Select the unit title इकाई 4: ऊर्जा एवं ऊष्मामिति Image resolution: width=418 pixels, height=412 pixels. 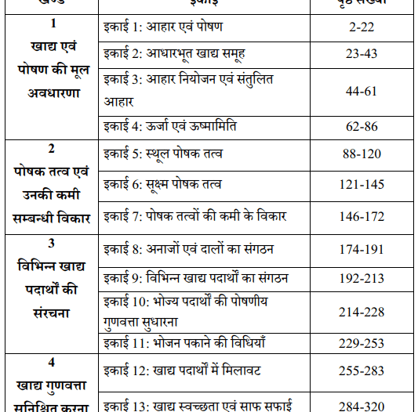point(170,126)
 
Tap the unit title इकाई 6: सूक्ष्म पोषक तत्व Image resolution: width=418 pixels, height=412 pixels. point(163,184)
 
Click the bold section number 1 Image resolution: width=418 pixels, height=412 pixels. point(51,24)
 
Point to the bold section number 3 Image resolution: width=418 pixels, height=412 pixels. point(51,243)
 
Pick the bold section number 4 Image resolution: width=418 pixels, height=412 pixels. point(51,363)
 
